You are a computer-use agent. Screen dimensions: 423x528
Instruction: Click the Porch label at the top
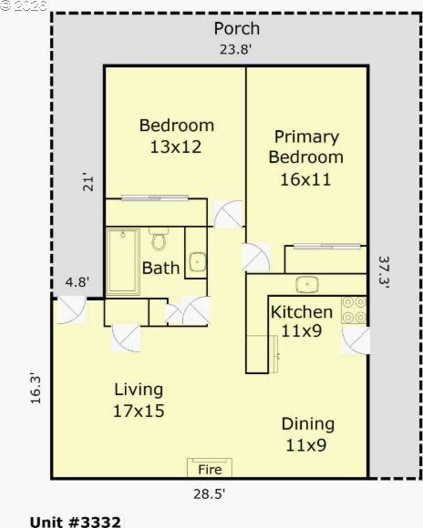(237, 28)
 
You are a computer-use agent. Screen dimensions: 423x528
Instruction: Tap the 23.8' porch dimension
(236, 49)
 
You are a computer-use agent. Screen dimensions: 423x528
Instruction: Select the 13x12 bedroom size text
(176, 147)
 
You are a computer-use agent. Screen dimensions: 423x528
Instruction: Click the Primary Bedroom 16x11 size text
(305, 179)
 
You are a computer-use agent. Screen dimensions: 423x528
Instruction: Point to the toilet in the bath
(159, 239)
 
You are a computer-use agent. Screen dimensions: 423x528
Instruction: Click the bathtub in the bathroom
(123, 261)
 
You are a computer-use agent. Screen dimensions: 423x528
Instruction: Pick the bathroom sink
(197, 262)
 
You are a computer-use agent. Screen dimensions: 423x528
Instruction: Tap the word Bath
(160, 268)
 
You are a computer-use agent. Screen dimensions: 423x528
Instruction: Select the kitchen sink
(307, 285)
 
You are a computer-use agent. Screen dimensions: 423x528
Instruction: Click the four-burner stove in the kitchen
(354, 310)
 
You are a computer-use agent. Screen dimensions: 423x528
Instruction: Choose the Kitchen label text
(302, 312)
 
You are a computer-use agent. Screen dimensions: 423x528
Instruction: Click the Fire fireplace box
(210, 468)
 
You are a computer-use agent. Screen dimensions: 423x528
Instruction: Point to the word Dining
(308, 424)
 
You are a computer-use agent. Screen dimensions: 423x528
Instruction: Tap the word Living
(139, 390)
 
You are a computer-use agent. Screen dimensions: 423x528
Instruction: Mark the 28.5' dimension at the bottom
(209, 494)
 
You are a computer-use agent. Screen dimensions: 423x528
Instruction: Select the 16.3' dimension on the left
(36, 388)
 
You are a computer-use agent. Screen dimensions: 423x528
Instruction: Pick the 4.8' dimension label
(77, 282)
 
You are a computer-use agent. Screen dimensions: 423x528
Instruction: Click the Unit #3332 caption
(76, 522)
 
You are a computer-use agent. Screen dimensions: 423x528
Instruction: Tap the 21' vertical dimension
(88, 183)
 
